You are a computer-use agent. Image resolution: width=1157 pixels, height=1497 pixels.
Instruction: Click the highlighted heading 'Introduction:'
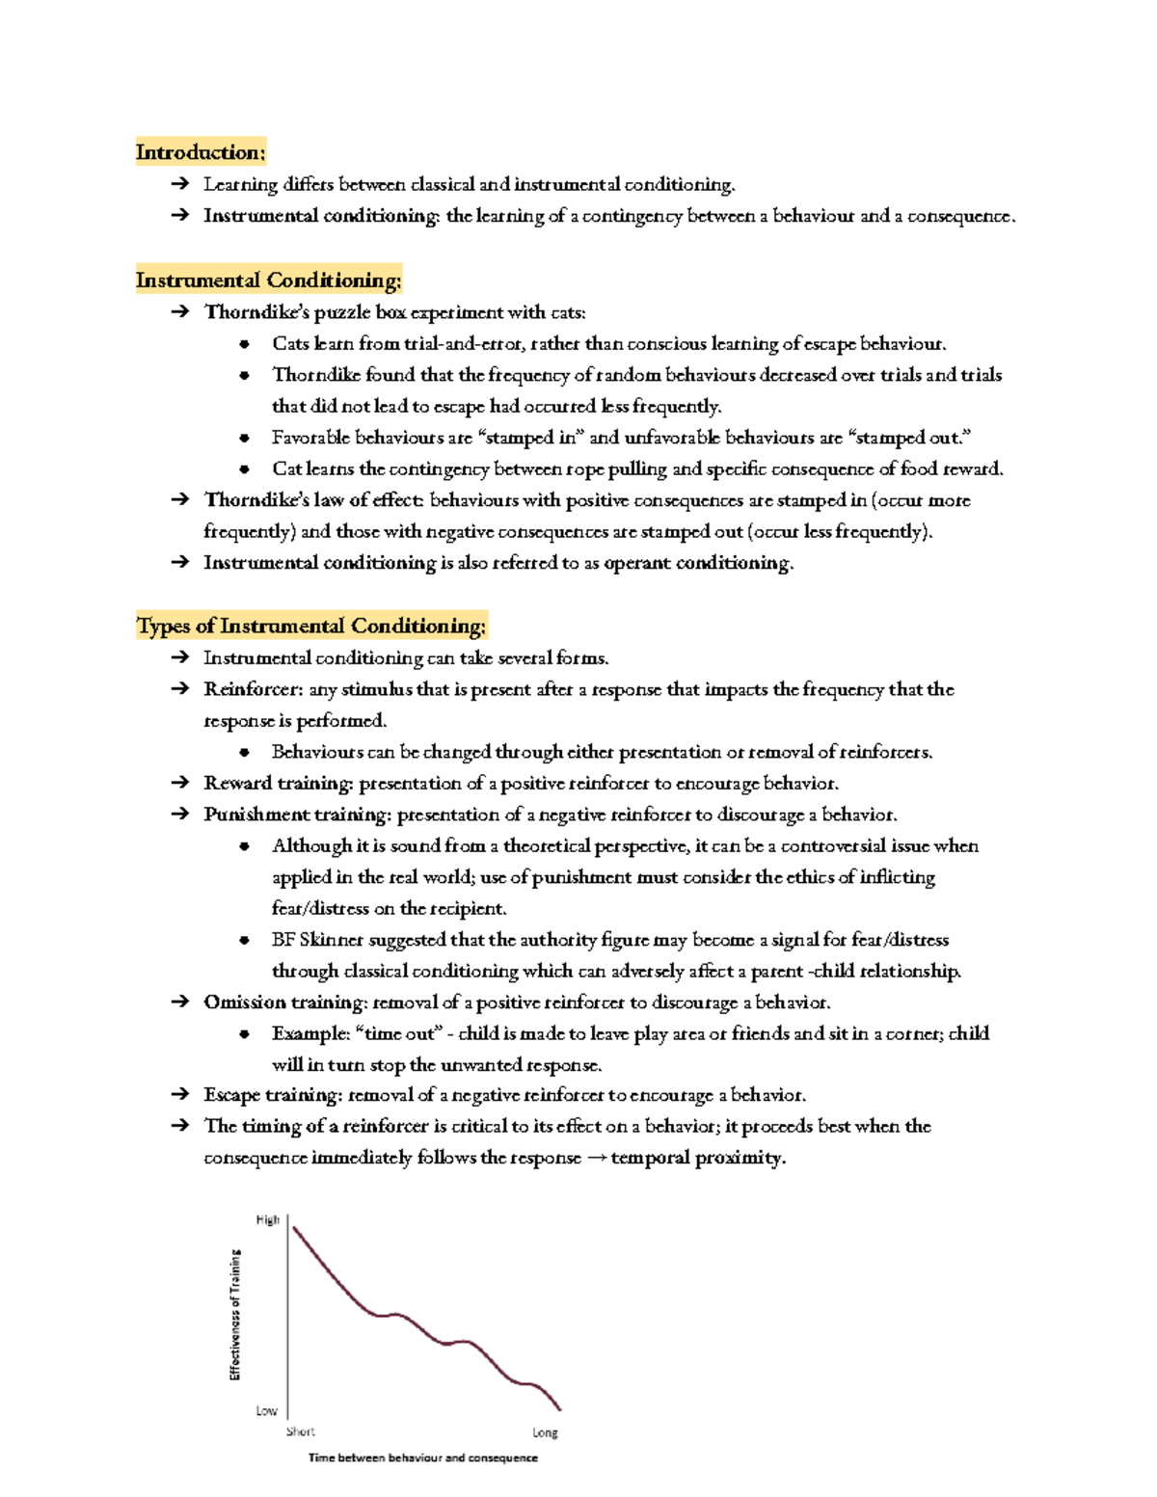[200, 152]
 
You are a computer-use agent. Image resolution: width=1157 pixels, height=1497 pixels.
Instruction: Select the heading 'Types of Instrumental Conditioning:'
[310, 627]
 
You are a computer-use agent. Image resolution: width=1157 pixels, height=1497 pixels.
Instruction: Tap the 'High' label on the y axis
[267, 1220]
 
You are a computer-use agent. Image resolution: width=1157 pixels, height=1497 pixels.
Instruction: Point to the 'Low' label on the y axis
[266, 1411]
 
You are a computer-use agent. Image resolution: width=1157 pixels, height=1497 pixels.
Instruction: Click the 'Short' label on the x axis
[300, 1432]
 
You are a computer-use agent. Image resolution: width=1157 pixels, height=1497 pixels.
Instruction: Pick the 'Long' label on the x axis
[545, 1433]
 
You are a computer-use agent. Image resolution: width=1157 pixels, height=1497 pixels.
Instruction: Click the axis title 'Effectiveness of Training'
[235, 1315]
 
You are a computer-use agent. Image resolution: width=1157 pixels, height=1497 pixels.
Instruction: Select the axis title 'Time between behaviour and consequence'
[422, 1458]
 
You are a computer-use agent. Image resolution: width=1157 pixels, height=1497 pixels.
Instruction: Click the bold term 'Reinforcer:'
[254, 690]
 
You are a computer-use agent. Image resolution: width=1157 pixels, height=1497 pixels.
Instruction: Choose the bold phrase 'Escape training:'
[273, 1095]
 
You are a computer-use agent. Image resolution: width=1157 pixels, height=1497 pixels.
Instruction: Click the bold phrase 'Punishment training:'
[297, 815]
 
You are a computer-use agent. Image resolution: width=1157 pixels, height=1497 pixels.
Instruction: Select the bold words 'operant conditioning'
[697, 563]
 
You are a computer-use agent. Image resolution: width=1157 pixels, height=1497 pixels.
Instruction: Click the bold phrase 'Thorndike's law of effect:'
[314, 500]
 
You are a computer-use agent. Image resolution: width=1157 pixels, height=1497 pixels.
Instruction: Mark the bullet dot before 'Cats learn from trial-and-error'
[245, 344]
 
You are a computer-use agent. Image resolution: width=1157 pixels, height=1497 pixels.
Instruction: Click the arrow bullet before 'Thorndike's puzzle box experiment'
[179, 312]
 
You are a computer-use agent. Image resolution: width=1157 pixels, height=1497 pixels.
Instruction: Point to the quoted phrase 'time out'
[398, 1034]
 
